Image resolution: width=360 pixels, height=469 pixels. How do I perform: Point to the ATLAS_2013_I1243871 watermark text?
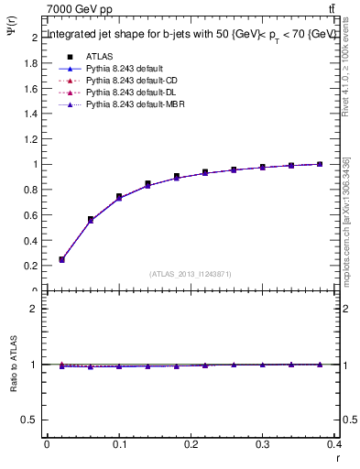[191, 274]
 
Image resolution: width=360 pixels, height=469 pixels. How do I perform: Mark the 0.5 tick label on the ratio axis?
[30, 420]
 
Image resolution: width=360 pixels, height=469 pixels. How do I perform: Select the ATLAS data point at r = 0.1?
[119, 197]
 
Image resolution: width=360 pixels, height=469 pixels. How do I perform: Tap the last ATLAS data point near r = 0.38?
[320, 164]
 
